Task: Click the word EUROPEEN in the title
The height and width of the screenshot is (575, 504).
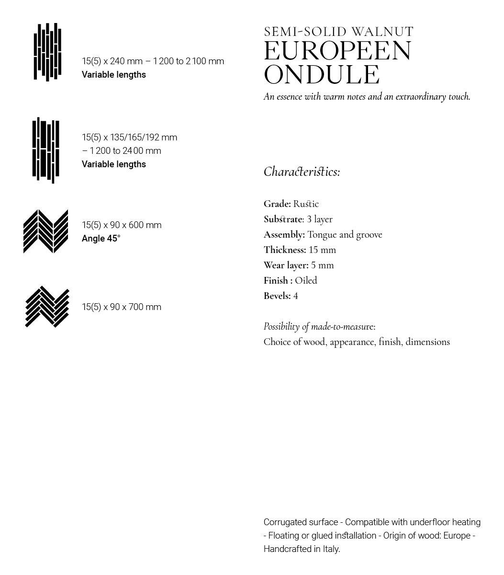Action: pyautogui.click(x=337, y=51)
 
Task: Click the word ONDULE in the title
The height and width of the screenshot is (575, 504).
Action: pyautogui.click(x=322, y=74)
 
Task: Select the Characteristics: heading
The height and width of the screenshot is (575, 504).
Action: pyautogui.click(x=302, y=172)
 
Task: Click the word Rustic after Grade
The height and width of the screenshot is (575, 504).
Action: pyautogui.click(x=306, y=204)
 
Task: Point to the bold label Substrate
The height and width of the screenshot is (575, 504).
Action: pyautogui.click(x=283, y=219)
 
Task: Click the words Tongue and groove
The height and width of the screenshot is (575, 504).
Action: pyautogui.click(x=345, y=234)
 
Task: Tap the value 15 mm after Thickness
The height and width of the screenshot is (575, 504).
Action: pyautogui.click(x=322, y=250)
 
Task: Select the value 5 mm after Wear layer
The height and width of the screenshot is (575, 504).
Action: pyautogui.click(x=322, y=265)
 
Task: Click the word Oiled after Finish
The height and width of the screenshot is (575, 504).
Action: pyautogui.click(x=306, y=280)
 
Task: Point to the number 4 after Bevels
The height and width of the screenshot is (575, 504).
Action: pyautogui.click(x=295, y=296)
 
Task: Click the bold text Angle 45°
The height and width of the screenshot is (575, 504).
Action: pyautogui.click(x=101, y=238)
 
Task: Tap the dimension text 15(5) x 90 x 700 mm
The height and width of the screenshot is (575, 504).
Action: pyautogui.click(x=122, y=307)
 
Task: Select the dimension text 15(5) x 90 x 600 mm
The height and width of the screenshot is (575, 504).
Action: pyautogui.click(x=122, y=225)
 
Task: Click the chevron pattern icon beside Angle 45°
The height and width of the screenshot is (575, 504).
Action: pyautogui.click(x=46, y=231)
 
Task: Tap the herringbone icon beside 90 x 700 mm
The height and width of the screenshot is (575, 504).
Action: pyautogui.click(x=47, y=307)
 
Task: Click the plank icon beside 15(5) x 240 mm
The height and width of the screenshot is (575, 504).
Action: pyautogui.click(x=47, y=52)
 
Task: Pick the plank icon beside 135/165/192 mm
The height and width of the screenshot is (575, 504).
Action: pyautogui.click(x=46, y=150)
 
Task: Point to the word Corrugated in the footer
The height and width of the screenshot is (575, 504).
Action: pyautogui.click(x=285, y=522)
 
